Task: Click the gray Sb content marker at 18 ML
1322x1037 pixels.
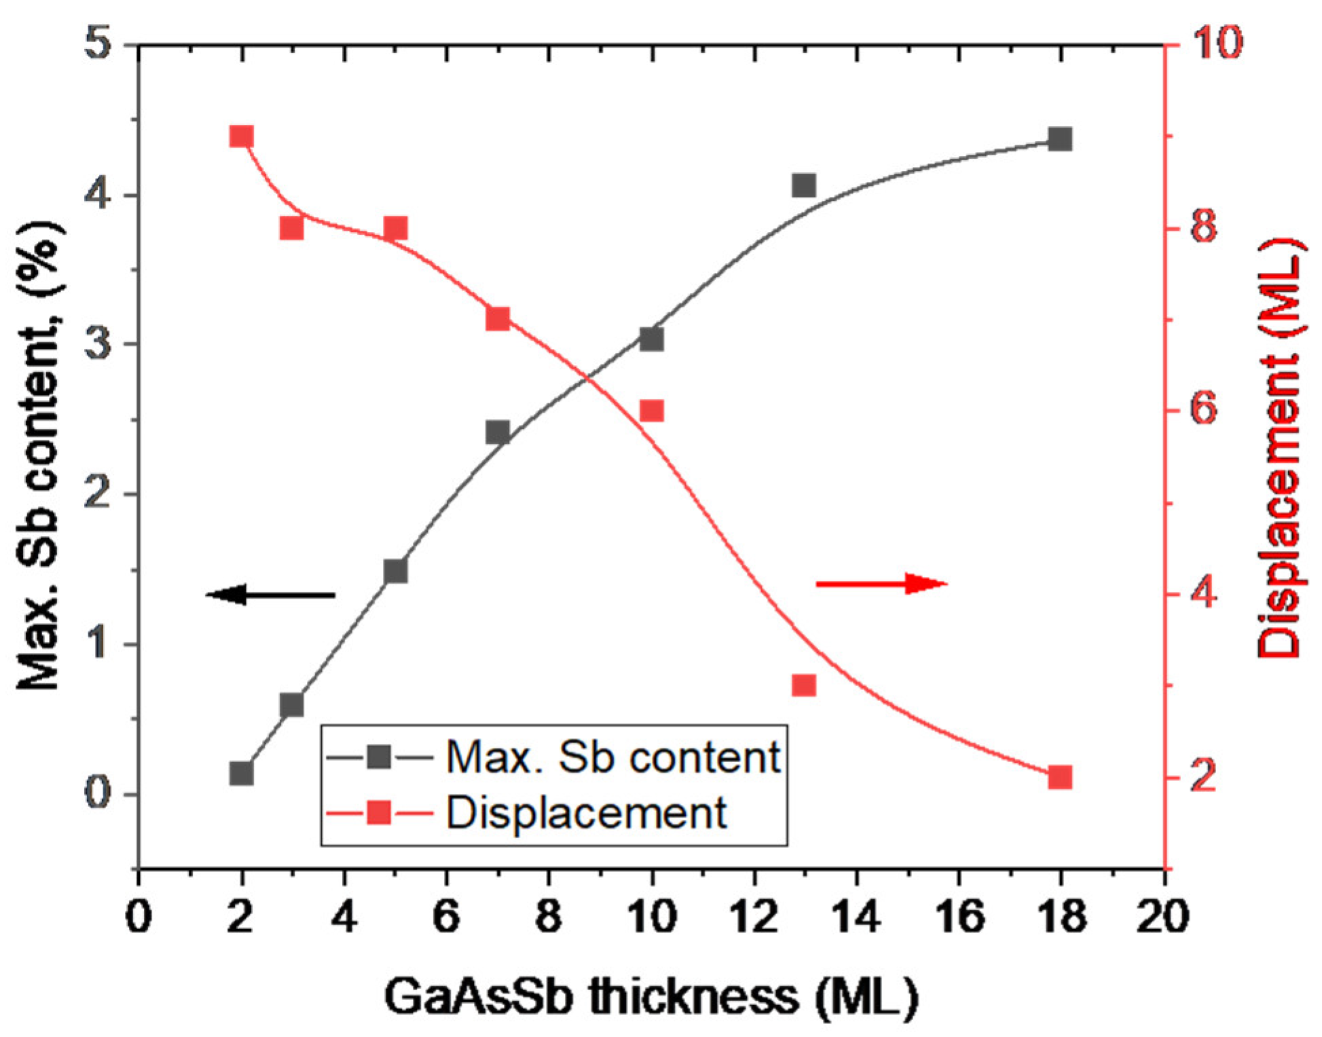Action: (1060, 140)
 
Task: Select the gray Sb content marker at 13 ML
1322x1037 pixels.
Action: (803, 185)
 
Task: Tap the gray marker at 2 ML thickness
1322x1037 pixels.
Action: (241, 774)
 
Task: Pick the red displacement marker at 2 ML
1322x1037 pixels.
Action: (241, 136)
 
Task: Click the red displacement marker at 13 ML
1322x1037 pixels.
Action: (803, 685)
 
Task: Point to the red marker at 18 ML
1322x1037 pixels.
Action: (1060, 777)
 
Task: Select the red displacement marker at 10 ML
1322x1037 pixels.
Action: (651, 411)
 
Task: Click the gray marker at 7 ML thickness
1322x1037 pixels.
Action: (498, 432)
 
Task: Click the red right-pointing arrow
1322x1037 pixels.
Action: (881, 583)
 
